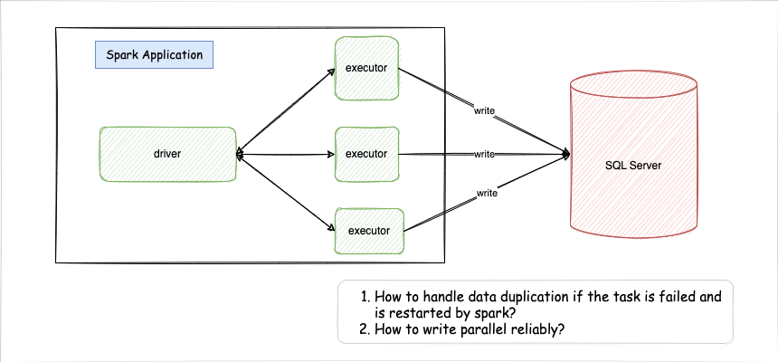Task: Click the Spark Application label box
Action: pos(154,55)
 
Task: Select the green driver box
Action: pos(167,154)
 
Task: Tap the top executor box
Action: pos(366,69)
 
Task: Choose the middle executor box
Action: pos(366,154)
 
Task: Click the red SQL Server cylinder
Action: pos(633,163)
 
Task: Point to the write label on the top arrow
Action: pos(486,110)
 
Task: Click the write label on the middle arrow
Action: pos(485,154)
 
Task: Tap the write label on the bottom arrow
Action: pos(487,193)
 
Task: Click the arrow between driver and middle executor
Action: pos(285,155)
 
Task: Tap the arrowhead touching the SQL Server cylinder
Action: pos(565,154)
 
